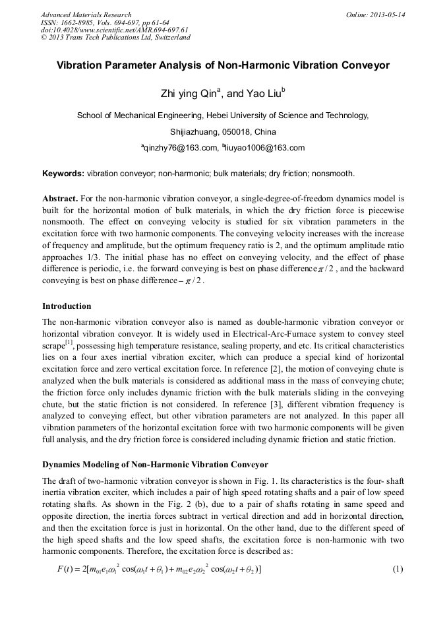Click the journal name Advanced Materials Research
click(x=86, y=15)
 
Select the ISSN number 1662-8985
click(x=82, y=22)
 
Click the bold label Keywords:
click(x=63, y=174)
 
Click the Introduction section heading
click(x=67, y=306)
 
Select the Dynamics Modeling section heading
click(x=155, y=465)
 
